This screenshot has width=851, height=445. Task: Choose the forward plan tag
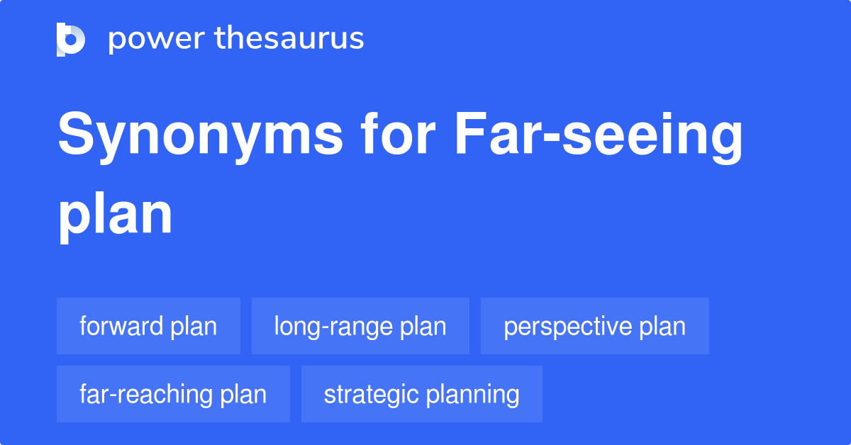coord(148,326)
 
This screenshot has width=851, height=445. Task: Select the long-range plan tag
coord(360,326)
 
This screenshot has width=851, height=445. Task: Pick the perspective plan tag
coord(594,326)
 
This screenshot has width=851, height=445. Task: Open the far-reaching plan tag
coord(173,394)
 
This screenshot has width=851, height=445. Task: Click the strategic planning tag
coord(421,394)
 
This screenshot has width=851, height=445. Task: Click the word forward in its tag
coord(122,326)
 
